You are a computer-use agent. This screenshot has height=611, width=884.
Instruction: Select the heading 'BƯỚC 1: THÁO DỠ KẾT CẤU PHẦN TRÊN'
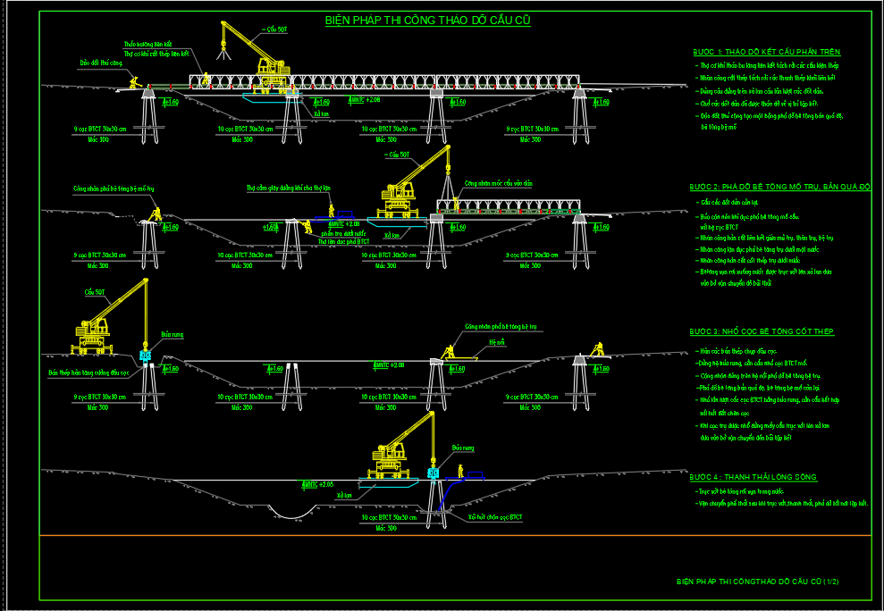tap(767, 52)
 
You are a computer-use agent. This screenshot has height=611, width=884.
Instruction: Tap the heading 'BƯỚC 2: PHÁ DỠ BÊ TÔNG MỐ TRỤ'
tap(779, 187)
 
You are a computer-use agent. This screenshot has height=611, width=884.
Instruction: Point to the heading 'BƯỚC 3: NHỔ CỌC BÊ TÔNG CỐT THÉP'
tap(762, 331)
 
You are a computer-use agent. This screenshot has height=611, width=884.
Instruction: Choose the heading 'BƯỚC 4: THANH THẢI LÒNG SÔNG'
tap(753, 478)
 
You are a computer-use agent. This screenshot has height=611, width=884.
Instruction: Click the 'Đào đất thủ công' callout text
tap(100, 63)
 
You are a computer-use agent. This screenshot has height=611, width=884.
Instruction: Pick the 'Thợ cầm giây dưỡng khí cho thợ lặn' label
tap(289, 188)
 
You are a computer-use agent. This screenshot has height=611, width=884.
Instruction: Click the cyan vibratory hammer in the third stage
tap(146, 356)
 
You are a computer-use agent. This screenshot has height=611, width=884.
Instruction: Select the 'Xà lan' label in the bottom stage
tap(344, 494)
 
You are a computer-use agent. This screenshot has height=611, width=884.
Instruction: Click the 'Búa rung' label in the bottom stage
tap(461, 447)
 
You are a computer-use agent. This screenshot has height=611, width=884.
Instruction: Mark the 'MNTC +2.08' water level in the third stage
tap(389, 364)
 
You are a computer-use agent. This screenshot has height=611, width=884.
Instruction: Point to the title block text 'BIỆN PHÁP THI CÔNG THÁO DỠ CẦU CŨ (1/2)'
tap(757, 582)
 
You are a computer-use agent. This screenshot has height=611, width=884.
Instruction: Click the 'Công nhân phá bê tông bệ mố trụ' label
tap(114, 189)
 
